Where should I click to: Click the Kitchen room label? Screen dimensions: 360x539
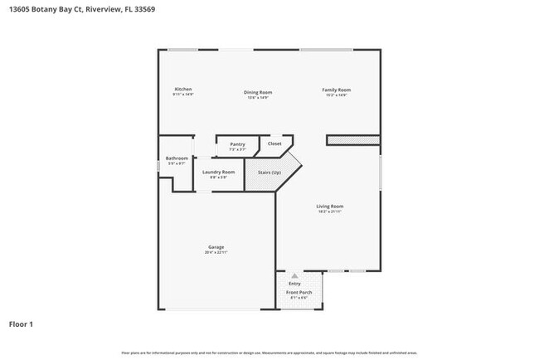(x=183, y=90)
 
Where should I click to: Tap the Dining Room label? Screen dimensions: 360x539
(x=257, y=92)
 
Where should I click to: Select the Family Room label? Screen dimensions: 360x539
(x=336, y=90)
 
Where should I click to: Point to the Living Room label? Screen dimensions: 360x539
(x=330, y=206)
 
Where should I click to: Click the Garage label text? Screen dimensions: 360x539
(x=216, y=246)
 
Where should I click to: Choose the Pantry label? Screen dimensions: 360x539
(x=237, y=144)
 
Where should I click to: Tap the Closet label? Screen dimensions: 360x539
(x=274, y=144)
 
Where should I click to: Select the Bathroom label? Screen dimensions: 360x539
(x=177, y=158)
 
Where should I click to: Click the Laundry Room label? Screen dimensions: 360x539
(x=218, y=172)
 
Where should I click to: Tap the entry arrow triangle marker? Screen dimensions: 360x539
(x=293, y=275)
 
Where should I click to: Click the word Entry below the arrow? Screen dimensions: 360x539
(x=294, y=285)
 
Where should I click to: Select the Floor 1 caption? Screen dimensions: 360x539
(x=22, y=324)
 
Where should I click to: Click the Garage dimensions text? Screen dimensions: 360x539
(x=216, y=252)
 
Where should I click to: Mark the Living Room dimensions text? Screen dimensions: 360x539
(x=330, y=212)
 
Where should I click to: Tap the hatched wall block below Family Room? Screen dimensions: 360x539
(x=352, y=140)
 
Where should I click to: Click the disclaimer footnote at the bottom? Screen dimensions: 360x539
(x=269, y=353)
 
